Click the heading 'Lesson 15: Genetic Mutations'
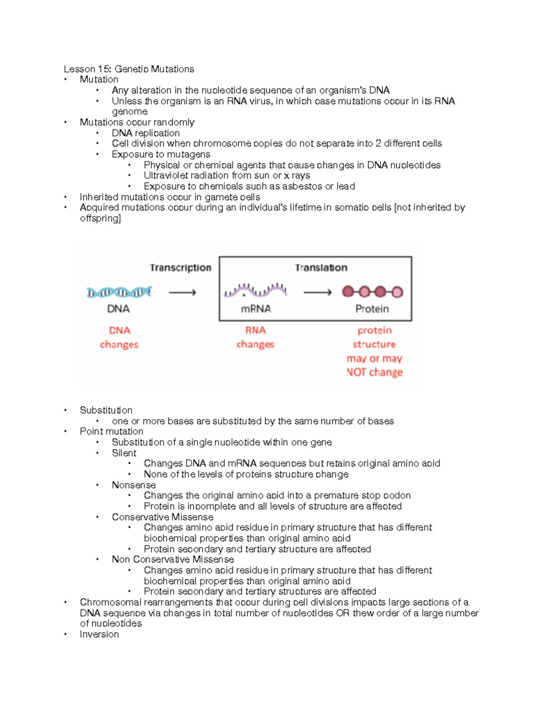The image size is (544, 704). (129, 69)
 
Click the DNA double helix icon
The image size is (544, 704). (119, 292)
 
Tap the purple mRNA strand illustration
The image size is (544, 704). (255, 290)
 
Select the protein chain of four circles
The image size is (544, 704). (372, 292)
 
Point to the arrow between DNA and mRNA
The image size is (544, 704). (182, 293)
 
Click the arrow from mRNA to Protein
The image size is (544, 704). (317, 293)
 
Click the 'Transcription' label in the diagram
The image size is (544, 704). (180, 268)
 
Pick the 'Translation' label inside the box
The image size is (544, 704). (321, 268)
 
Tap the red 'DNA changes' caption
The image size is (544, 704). (119, 337)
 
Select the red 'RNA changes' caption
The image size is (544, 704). (255, 337)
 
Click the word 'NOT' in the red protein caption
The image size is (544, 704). (356, 373)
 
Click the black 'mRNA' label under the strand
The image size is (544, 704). (256, 309)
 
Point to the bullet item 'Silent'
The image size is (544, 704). (124, 453)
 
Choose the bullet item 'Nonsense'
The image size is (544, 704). (134, 485)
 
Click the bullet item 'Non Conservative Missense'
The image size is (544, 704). (173, 559)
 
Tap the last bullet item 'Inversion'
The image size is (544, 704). (99, 634)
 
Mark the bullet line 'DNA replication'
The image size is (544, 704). (146, 133)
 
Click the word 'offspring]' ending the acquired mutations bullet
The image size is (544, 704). (100, 218)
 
